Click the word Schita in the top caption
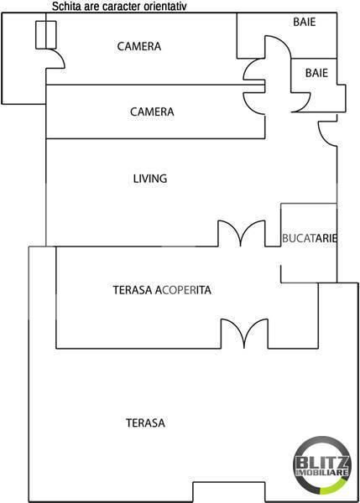point(65,7)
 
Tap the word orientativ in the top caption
point(164,7)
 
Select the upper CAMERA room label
point(138,46)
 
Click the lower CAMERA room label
point(152,111)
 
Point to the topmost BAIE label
point(305,22)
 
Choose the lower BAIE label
point(316,73)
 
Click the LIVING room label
point(150,178)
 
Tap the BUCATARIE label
point(310,238)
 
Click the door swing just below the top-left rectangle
point(56,60)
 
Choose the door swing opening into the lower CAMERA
point(254,99)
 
